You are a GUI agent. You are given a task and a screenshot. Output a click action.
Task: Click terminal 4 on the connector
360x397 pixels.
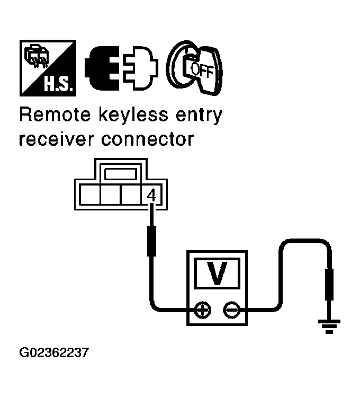point(151,196)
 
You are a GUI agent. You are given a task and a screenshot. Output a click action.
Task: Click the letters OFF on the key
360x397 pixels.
point(202,70)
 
